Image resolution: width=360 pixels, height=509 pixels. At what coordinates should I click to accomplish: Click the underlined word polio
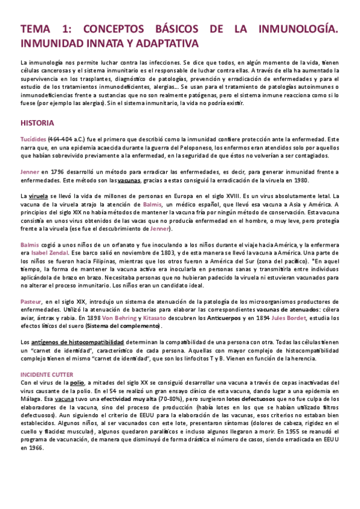coord(77,382)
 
